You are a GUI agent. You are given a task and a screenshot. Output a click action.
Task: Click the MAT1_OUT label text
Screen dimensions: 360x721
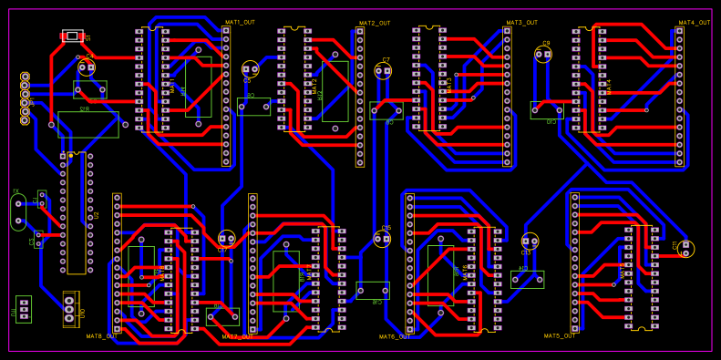(x=240, y=21)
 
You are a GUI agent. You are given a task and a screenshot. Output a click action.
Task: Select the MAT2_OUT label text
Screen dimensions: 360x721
(x=374, y=24)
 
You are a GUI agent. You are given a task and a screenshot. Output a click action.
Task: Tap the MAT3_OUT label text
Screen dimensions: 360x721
(x=521, y=22)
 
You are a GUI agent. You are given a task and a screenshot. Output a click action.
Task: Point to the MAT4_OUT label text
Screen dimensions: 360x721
(x=694, y=22)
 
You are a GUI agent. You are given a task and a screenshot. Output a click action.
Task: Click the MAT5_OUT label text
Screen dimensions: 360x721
(x=560, y=335)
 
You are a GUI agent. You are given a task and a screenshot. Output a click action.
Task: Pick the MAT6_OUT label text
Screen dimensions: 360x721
(x=394, y=336)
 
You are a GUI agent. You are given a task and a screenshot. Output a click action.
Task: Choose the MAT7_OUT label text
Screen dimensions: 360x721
(x=237, y=336)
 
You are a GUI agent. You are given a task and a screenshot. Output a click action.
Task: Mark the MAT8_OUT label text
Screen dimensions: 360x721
(x=102, y=335)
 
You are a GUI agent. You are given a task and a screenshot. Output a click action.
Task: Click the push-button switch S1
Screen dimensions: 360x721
(x=73, y=36)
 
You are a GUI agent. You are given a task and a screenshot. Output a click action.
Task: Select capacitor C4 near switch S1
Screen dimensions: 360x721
(x=87, y=67)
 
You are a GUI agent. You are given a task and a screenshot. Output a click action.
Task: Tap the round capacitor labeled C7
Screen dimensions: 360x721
(x=383, y=71)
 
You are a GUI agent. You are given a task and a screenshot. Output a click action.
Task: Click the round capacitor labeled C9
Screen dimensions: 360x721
(x=543, y=55)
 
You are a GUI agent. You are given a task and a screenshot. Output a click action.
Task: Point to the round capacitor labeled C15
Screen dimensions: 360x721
(x=383, y=240)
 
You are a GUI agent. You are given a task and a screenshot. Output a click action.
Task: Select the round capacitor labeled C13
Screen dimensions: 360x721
(x=530, y=241)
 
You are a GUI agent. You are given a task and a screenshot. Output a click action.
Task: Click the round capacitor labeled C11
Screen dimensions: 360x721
(x=686, y=248)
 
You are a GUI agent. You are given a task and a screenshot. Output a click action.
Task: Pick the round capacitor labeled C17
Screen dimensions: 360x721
(x=226, y=239)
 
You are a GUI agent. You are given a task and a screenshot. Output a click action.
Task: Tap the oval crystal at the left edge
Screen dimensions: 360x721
(x=18, y=211)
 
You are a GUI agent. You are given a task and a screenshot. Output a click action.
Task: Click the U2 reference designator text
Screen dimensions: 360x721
(x=95, y=216)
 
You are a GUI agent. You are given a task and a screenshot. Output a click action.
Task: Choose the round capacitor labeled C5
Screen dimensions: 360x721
(x=250, y=69)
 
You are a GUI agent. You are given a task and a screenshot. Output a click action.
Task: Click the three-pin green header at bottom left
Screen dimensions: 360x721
(x=24, y=308)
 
